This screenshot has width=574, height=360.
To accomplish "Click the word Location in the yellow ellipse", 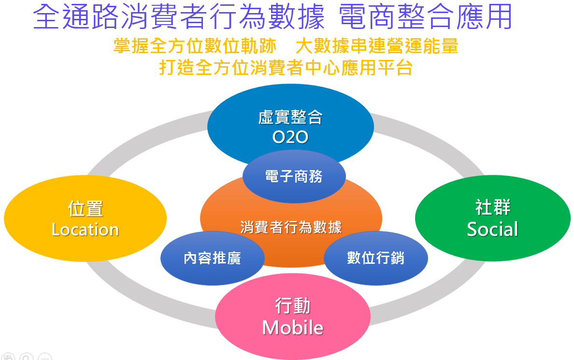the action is click(x=85, y=230).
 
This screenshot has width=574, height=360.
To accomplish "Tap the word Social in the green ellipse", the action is click(x=492, y=229).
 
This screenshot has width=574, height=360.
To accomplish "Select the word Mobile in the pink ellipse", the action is click(x=293, y=328).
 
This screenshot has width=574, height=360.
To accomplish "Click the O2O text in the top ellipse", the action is click(x=290, y=137).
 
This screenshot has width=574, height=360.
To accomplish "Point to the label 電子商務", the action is click(x=294, y=176).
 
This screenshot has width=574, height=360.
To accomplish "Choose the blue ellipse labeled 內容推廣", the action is click(x=212, y=258).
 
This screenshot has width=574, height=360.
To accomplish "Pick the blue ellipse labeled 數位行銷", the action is click(x=375, y=258).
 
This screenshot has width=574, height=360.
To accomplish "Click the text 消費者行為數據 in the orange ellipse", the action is click(x=291, y=227).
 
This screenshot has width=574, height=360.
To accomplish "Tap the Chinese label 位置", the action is click(x=86, y=209).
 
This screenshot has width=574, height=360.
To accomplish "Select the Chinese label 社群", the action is click(x=493, y=207).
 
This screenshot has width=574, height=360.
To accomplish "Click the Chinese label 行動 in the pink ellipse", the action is click(x=293, y=306).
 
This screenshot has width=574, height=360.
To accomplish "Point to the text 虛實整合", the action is click(x=290, y=117).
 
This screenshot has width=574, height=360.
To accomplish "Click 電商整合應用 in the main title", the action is click(x=425, y=17).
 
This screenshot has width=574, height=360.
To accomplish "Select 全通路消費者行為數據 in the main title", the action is click(x=179, y=17).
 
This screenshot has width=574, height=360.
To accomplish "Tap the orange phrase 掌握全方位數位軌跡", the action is click(x=195, y=46).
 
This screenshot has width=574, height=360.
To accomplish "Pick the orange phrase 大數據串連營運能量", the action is click(x=377, y=46).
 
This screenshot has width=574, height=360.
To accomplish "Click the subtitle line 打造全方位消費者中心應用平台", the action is click(x=286, y=68).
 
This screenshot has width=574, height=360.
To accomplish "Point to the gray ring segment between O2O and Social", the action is click(x=432, y=141).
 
